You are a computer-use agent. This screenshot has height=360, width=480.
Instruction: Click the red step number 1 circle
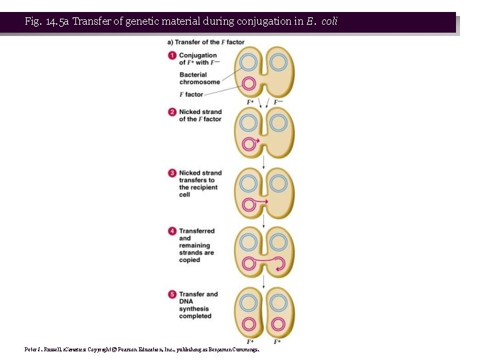[173, 55]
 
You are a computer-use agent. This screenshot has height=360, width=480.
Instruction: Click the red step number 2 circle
[173, 112]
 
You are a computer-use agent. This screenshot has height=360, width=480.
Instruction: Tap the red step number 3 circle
[173, 173]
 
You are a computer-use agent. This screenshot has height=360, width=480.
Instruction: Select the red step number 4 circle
[173, 231]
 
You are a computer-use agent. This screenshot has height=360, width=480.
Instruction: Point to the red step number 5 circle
[173, 294]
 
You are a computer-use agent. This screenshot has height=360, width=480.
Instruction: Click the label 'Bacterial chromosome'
[199, 79]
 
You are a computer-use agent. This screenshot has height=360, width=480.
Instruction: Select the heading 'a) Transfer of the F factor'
[205, 42]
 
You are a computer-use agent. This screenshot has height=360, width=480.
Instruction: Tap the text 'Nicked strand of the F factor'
[200, 115]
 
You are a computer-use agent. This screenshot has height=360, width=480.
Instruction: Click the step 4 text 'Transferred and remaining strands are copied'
[197, 245]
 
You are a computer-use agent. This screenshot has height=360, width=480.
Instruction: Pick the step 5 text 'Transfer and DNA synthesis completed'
[198, 305]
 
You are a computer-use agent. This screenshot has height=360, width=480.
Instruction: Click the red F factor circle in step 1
[249, 84]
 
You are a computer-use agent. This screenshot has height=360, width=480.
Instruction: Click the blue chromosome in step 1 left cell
[249, 63]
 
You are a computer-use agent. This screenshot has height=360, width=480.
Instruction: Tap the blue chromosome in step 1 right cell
[279, 63]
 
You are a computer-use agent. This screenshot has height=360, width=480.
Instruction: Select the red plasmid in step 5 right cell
[279, 325]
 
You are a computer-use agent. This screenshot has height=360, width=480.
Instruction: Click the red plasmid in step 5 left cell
[249, 325]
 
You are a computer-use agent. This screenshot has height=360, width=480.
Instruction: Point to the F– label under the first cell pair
[279, 103]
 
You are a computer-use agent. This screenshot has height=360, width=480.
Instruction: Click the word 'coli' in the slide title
[329, 21]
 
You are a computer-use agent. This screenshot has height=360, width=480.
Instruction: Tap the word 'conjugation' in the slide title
[263, 21]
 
